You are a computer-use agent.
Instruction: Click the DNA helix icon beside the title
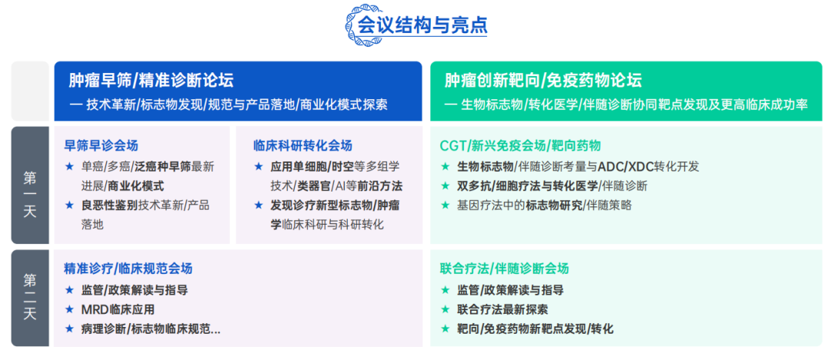361,24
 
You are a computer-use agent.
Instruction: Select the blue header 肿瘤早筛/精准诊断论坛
151,81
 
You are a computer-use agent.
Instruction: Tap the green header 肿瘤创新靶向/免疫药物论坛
542,81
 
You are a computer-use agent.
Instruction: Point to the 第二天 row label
30,298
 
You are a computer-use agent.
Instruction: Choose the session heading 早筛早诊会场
101,145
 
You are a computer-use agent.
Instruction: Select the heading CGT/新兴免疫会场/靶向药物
520,145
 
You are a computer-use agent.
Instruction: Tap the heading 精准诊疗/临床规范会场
128,268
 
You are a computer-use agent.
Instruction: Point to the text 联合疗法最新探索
502,309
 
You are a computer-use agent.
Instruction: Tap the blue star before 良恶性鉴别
70,205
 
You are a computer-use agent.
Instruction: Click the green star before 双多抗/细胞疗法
445,185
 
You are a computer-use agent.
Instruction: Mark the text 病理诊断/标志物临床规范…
151,329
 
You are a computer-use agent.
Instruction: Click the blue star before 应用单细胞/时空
259,166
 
